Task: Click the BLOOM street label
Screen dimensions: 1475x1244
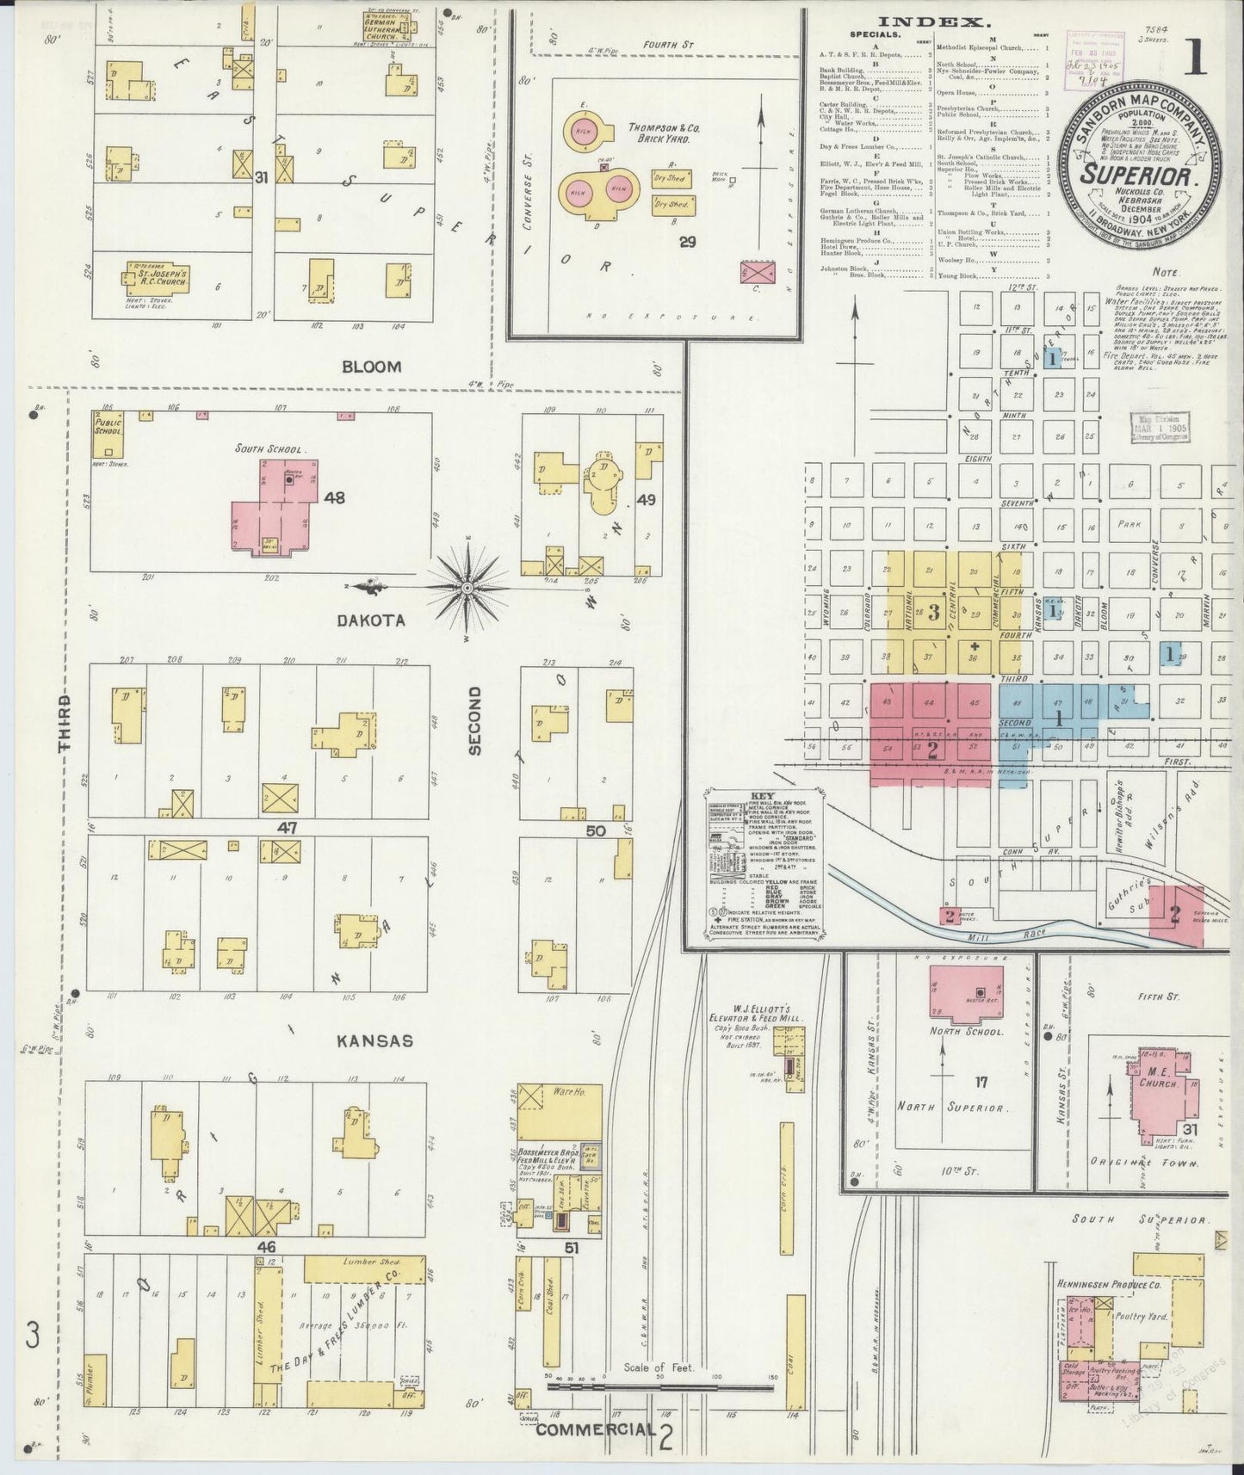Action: click(371, 367)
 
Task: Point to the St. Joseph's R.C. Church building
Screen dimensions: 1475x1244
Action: click(158, 278)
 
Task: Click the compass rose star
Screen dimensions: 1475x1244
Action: click(466, 588)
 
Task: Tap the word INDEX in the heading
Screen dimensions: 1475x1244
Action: click(929, 23)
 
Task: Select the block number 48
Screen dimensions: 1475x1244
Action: click(334, 497)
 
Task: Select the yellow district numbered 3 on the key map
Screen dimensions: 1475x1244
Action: click(932, 612)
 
